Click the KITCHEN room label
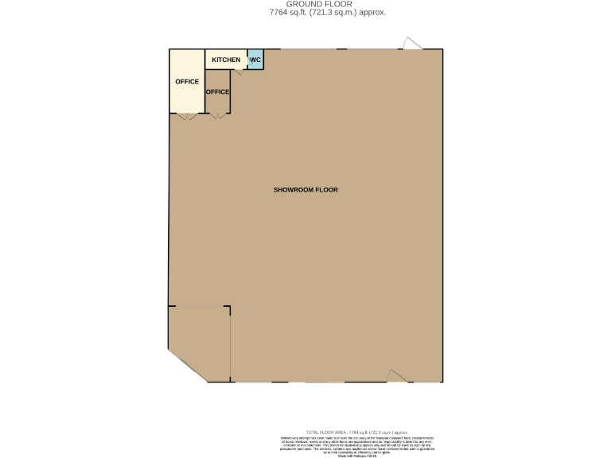point(225,60)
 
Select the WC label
point(255,60)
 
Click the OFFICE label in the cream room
point(187,82)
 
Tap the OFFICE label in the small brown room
point(217,91)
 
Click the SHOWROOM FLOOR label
point(305,190)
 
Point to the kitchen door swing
point(238,72)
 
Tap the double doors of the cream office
point(187,116)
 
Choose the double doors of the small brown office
point(217,116)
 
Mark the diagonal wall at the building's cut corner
point(187,367)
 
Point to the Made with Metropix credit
point(356,456)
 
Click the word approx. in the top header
point(372,12)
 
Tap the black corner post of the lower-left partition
point(229,308)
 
